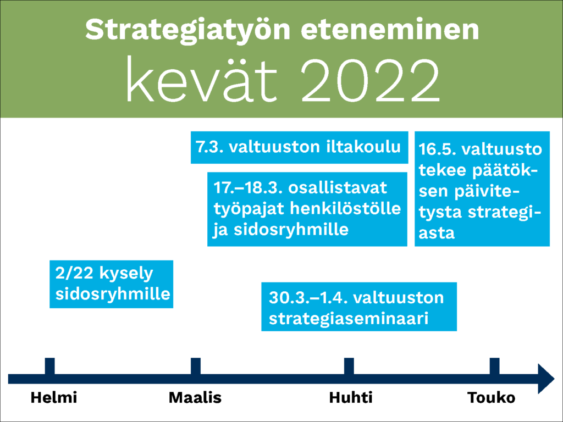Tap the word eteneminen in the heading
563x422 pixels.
390,30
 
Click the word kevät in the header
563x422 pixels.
201,79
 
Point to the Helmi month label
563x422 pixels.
54,398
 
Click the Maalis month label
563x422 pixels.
195,398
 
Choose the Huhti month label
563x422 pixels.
351,398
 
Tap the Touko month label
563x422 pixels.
491,398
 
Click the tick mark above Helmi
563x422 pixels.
50,367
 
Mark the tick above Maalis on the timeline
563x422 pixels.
196,367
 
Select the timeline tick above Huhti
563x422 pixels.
349,367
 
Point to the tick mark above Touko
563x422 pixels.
495,367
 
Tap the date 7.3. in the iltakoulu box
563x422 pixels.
207,147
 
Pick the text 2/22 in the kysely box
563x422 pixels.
75,273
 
